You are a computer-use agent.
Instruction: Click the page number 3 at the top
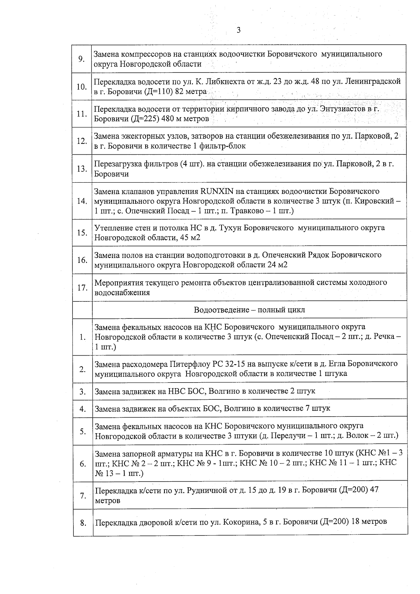coord(239,30)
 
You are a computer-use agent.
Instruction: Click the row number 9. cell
coord(82,59)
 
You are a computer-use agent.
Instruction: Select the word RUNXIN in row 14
coord(215,191)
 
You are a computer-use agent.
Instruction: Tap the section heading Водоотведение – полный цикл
coord(249,310)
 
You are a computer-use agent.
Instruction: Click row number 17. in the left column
coord(82,288)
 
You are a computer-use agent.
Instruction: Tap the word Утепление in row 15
coord(112,228)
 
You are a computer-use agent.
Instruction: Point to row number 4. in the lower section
coord(83,408)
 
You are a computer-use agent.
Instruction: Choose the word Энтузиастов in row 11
coord(339,109)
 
